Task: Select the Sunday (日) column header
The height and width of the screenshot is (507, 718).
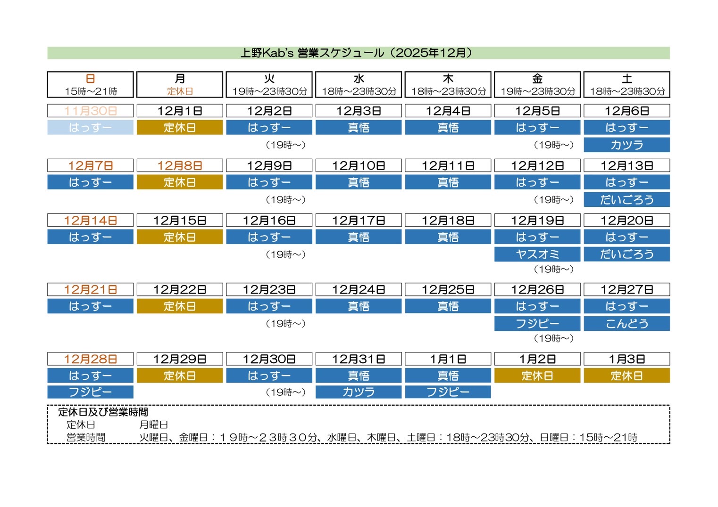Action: (x=90, y=84)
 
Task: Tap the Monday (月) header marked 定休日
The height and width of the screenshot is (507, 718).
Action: (x=180, y=84)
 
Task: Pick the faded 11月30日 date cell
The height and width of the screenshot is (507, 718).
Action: (x=90, y=111)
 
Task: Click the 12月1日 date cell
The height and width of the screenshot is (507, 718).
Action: (x=180, y=111)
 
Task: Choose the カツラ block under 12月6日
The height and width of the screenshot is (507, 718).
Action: (x=626, y=145)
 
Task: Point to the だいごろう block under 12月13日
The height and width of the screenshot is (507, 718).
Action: (x=626, y=199)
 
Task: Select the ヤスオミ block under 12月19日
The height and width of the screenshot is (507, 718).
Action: (x=537, y=254)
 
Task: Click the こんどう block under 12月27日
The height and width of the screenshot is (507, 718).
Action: (x=626, y=323)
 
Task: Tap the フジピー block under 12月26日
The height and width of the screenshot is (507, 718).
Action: (x=537, y=323)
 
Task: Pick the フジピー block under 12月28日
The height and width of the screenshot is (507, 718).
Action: (x=90, y=392)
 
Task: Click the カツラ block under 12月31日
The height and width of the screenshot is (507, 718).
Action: (x=359, y=392)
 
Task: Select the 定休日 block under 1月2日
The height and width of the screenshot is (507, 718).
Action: (x=537, y=376)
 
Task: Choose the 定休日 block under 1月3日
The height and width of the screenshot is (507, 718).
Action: (x=626, y=376)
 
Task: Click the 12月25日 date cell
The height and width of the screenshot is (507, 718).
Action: (x=448, y=289)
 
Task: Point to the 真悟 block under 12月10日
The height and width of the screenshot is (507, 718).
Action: (x=359, y=182)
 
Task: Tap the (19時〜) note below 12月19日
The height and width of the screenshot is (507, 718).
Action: (x=553, y=269)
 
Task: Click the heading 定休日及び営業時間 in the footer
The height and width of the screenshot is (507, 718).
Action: (x=103, y=412)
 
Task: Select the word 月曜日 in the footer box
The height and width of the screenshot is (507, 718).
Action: (x=154, y=425)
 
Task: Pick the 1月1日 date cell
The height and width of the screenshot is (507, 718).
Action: (x=448, y=359)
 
